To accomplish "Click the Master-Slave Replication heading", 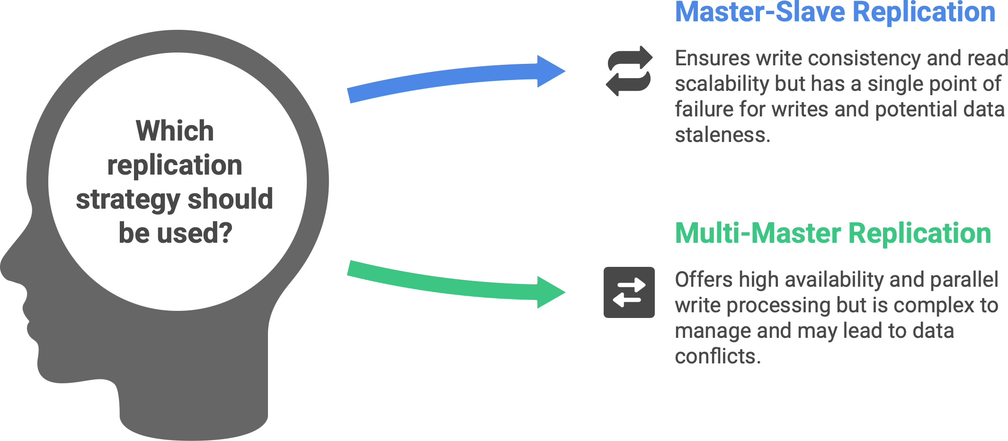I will [x=835, y=12].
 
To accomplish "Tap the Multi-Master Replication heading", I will [x=833, y=233].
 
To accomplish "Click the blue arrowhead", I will [x=550, y=71].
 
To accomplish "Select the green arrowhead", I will [x=550, y=292].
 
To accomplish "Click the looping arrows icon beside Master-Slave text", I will [x=629, y=71].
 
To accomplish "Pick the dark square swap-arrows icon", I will [x=629, y=292].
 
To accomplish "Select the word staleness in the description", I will [x=723, y=135].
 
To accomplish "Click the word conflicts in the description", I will [x=717, y=356].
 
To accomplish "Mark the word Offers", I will [x=703, y=280].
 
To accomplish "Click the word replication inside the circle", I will [x=175, y=165].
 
